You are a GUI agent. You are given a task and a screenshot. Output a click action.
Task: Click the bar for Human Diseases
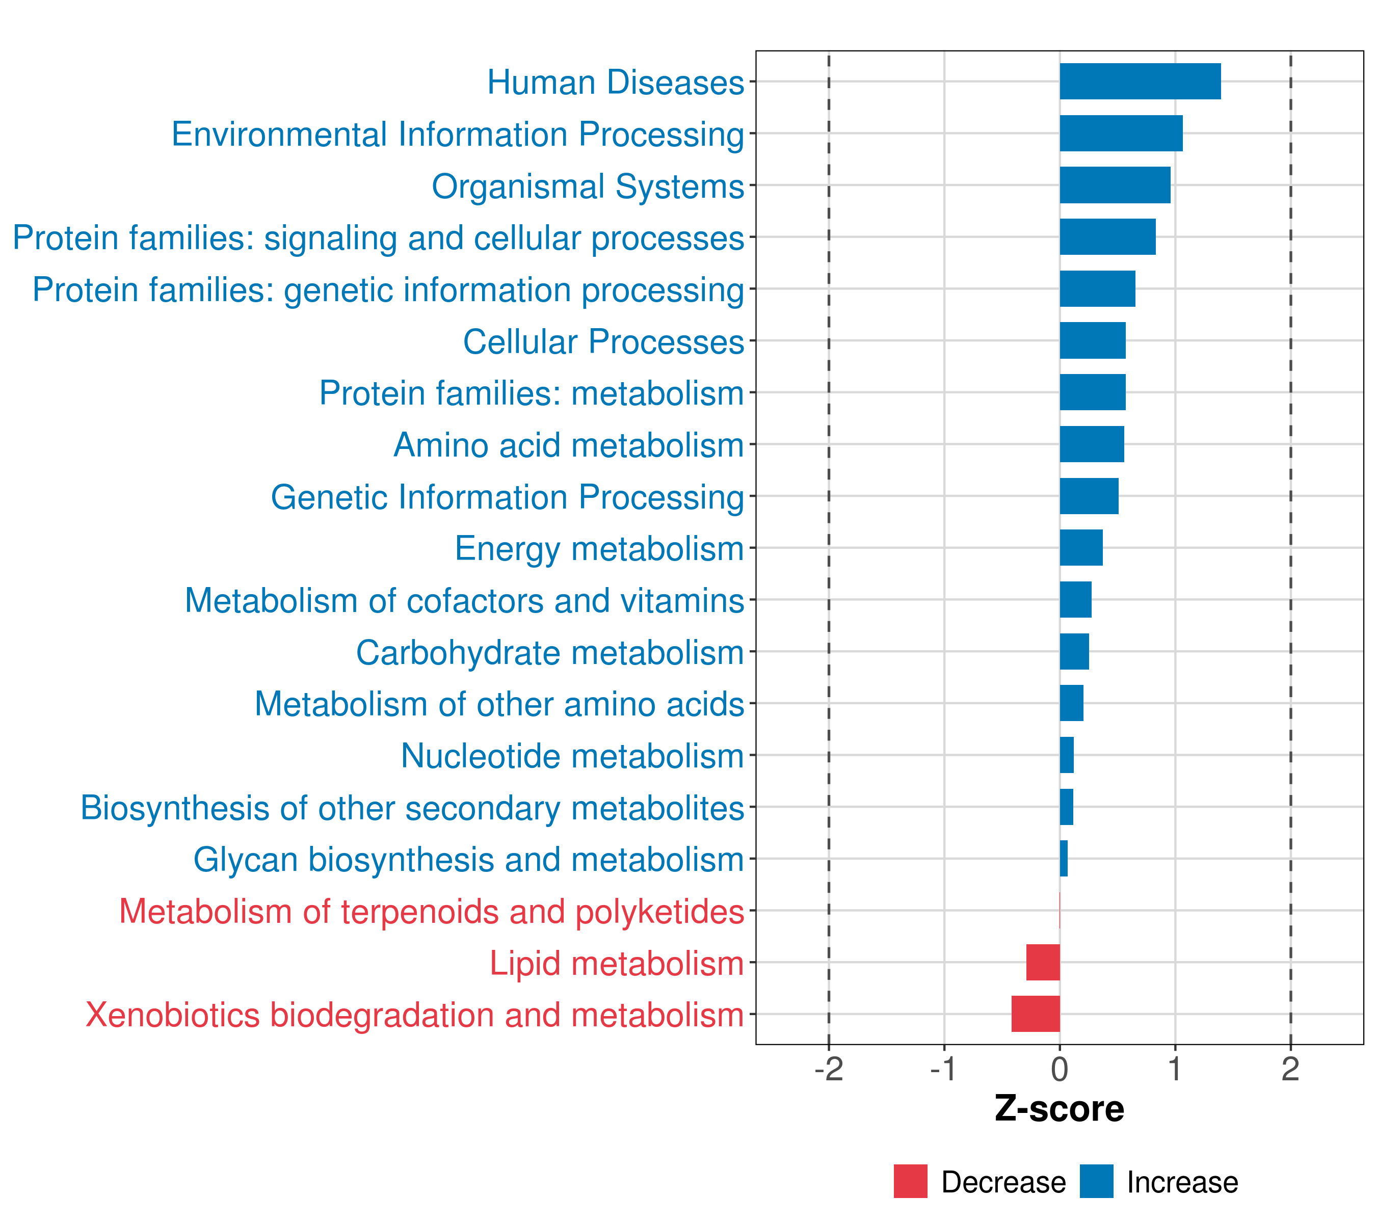pos(1140,82)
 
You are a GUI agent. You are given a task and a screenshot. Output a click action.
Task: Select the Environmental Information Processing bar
pos(1121,134)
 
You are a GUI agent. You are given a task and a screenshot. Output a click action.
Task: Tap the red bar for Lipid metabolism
pos(1043,962)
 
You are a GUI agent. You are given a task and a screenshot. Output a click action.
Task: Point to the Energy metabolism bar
pos(1081,548)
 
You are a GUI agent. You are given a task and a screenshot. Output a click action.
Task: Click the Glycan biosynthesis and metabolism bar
pos(1064,858)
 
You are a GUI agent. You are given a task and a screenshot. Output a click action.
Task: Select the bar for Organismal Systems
pos(1115,185)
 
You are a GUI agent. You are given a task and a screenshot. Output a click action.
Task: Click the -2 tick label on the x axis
pos(829,1069)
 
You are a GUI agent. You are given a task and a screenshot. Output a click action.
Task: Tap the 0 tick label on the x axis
pos(1060,1069)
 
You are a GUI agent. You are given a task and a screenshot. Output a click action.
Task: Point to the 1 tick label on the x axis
pos(1175,1069)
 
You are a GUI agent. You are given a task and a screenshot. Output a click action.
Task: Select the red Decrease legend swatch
pos(910,1181)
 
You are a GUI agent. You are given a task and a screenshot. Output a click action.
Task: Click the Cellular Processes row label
pos(603,341)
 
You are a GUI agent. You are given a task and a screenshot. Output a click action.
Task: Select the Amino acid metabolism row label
pos(568,445)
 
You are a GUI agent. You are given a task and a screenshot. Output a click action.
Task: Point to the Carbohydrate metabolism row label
pos(549,652)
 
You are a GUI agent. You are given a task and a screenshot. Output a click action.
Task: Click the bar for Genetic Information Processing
pos(1089,496)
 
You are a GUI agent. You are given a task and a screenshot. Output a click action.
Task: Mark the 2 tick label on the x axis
pos(1290,1069)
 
